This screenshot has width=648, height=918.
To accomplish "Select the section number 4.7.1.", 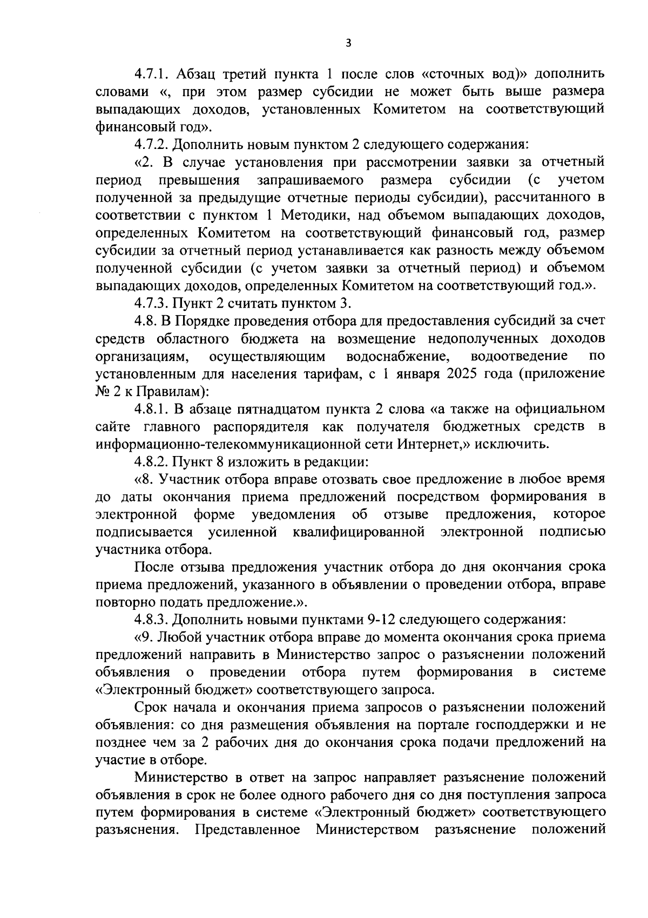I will pos(151,74).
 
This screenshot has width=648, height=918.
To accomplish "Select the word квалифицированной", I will pos(359,532).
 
